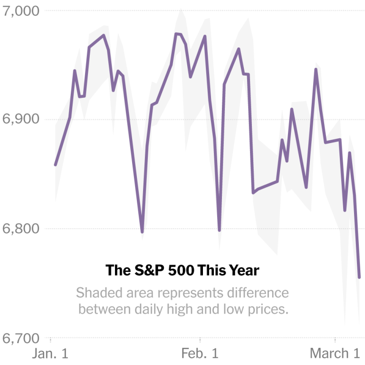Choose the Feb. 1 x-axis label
[200, 354]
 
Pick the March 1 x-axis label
[335, 354]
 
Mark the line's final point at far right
[359, 277]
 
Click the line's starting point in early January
[55, 165]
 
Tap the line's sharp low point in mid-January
[142, 232]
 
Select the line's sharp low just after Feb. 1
[219, 231]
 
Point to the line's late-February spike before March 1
[316, 69]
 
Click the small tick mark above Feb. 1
[200, 339]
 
